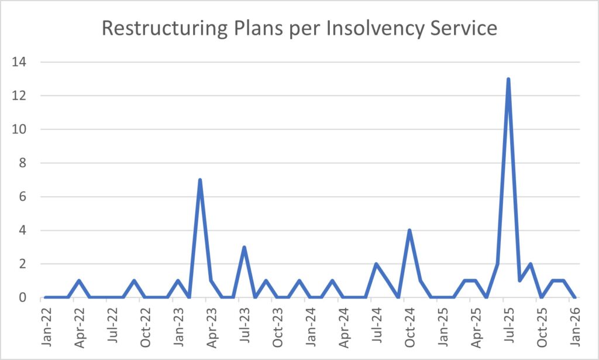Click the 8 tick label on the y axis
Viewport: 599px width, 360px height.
[27, 163]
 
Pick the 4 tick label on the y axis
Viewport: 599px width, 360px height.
[27, 231]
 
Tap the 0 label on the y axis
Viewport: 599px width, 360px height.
[27, 298]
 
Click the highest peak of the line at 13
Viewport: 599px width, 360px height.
[508, 79]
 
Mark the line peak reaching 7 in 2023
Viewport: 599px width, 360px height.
[200, 180]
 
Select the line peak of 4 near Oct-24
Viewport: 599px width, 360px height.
[409, 230]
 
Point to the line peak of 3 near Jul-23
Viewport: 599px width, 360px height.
[244, 247]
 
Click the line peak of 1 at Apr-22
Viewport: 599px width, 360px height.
[79, 281]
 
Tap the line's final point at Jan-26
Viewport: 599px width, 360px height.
[574, 297]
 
